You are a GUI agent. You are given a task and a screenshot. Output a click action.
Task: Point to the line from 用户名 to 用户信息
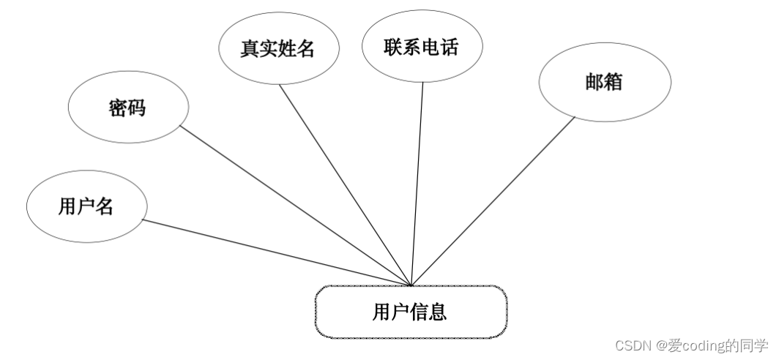pyautogui.click(x=278, y=252)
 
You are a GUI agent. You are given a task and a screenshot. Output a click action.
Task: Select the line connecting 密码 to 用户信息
pyautogui.click(x=297, y=206)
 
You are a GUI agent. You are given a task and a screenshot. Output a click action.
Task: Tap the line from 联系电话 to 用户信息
pyautogui.click(x=417, y=183)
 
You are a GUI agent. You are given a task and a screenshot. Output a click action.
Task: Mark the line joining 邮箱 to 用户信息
pyautogui.click(x=494, y=201)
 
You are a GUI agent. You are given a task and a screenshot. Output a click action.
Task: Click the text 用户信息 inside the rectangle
pyautogui.click(x=410, y=312)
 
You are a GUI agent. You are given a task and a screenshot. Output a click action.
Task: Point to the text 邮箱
pyautogui.click(x=604, y=82)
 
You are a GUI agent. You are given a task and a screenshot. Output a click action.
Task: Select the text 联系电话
pyautogui.click(x=422, y=48)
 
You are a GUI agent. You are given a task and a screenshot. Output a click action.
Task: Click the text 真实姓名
pyautogui.click(x=277, y=49)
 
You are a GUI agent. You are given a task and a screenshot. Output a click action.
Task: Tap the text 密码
pyautogui.click(x=127, y=108)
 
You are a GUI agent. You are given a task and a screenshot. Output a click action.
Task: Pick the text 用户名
pyautogui.click(x=86, y=206)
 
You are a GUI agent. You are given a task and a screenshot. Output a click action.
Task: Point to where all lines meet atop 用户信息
pyautogui.click(x=411, y=285)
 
